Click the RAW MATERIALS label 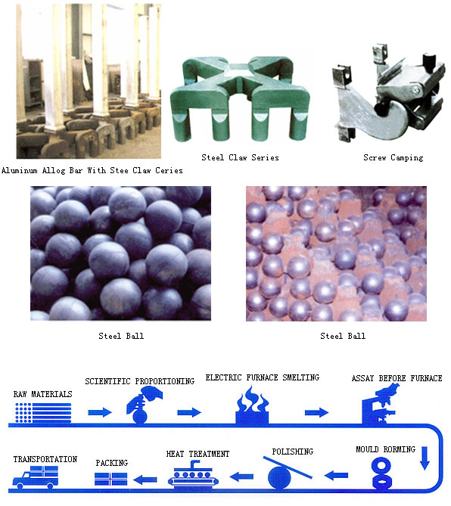point(42,394)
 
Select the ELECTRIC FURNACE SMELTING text point(262,377)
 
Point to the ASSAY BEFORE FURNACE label point(397,378)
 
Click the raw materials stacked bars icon point(43,412)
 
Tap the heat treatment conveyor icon point(196,474)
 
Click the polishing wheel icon point(284,475)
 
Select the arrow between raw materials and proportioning point(98,413)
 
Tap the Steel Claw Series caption point(240,157)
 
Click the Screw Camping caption point(392,157)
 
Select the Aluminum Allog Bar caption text point(92,170)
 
